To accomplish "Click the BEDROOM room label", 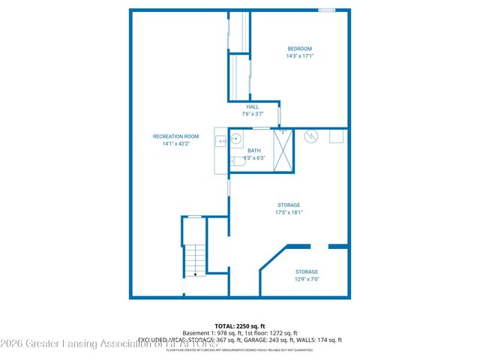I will click(x=299, y=49).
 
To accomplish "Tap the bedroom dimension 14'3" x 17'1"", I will click(x=299, y=56).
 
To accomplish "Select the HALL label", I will click(x=253, y=106).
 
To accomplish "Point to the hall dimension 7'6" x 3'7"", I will click(x=253, y=114).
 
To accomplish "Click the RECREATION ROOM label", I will click(x=175, y=136).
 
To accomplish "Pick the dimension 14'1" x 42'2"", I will click(x=175, y=144).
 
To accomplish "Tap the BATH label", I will click(x=254, y=151).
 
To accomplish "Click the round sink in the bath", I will click(x=235, y=138).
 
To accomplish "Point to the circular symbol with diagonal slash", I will click(x=311, y=136).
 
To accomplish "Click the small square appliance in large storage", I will click(x=336, y=136).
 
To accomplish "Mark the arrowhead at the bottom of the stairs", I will click(x=196, y=275).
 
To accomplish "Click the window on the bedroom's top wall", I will click(x=326, y=10).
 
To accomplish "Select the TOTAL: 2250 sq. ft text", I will click(x=239, y=326).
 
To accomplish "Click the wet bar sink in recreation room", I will click(x=221, y=140).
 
